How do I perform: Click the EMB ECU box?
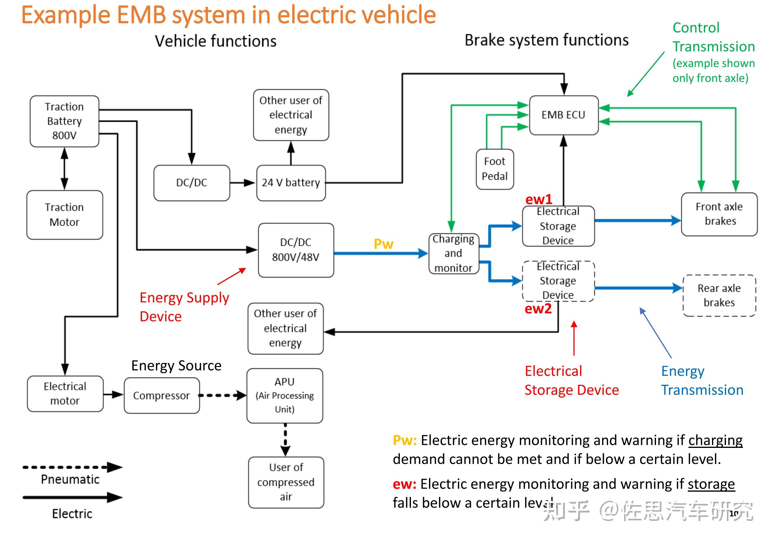click(x=563, y=115)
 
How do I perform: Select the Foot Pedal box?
click(x=495, y=169)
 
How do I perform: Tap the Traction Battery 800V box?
click(x=64, y=121)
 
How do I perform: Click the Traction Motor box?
click(x=64, y=215)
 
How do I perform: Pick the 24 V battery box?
click(x=291, y=183)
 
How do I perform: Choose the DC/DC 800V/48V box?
click(x=296, y=250)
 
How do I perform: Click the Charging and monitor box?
click(x=453, y=253)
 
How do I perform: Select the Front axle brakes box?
click(x=719, y=214)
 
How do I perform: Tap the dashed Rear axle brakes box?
click(x=719, y=295)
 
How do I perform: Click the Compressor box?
click(x=162, y=395)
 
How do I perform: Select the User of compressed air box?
click(x=286, y=482)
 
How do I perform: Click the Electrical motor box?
click(x=65, y=393)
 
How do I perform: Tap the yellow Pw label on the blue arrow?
click(x=384, y=244)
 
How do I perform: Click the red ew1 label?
click(x=539, y=199)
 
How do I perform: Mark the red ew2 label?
click(x=538, y=308)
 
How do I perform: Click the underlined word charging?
click(x=715, y=440)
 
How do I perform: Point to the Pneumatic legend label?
click(x=70, y=479)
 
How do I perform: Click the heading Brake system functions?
click(x=546, y=40)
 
